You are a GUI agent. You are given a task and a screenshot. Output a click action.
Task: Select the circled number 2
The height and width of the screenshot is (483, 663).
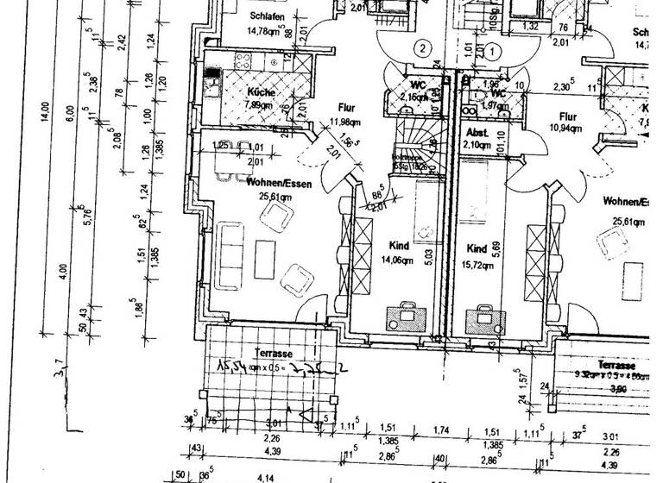point(421,48)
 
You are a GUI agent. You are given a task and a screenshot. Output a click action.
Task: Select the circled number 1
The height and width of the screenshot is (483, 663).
point(491,51)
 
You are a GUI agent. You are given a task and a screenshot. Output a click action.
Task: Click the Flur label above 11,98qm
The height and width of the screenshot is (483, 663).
point(348,109)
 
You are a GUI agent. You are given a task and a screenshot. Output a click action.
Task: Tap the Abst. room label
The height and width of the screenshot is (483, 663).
point(477,133)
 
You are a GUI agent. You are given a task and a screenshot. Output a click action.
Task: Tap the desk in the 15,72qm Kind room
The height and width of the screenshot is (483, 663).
point(484,318)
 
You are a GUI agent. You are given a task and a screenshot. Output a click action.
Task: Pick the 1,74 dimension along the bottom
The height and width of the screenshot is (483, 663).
point(443,430)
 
